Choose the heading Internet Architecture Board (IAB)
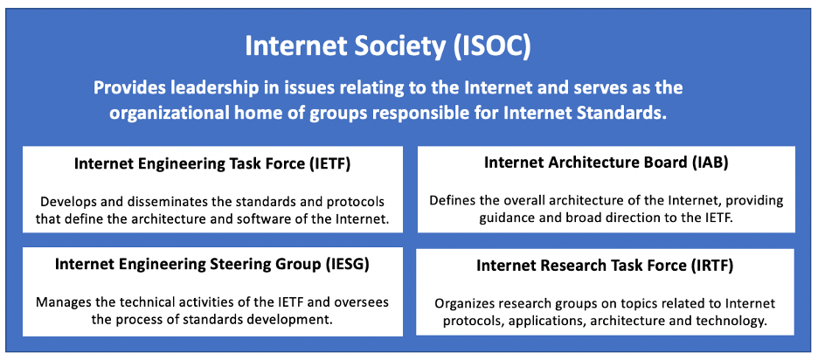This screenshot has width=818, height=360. point(606,162)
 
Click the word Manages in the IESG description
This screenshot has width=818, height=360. point(63,301)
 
